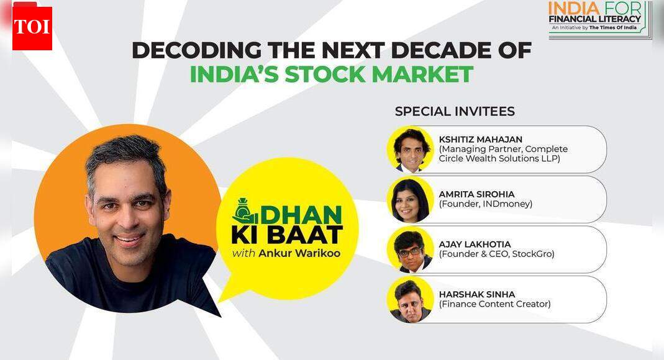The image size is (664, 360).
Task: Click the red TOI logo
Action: coord(32,28)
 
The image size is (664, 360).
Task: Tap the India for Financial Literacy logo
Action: coord(600,20)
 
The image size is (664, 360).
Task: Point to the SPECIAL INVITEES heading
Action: coord(455,112)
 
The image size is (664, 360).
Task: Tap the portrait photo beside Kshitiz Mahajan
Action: coord(410,150)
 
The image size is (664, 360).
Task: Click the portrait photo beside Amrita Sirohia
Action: coord(410,199)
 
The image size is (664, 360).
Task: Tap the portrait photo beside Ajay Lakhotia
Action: coord(410,250)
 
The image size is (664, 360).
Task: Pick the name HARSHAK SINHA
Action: coord(477,294)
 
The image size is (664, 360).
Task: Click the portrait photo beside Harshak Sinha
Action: coord(410,299)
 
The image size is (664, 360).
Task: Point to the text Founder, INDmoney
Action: coord(486,204)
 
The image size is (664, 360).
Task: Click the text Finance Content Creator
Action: coord(494,304)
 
